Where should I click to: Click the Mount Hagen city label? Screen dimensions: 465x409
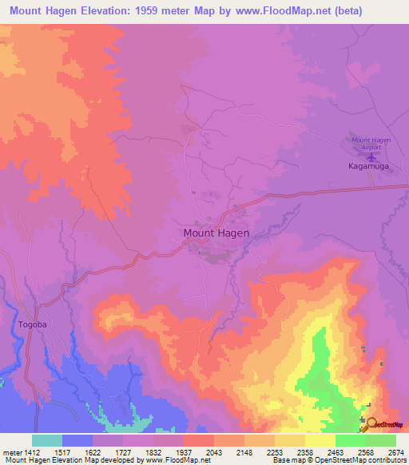pos(216,233)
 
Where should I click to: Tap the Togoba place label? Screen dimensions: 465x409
pos(33,325)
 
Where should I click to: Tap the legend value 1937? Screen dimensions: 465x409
pos(184,451)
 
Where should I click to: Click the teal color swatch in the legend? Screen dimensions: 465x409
pos(46,440)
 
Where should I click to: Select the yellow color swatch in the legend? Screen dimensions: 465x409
pos(320,440)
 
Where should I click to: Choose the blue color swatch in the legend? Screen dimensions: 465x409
pos(77,440)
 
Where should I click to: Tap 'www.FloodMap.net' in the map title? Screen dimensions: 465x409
pos(269,11)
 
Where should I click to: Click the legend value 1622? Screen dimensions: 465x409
pos(93,451)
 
